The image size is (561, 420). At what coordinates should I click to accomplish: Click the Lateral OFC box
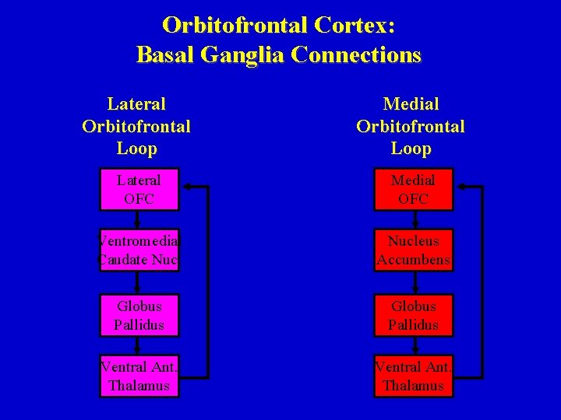[x=139, y=189]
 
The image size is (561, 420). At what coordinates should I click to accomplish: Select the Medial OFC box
[x=413, y=189]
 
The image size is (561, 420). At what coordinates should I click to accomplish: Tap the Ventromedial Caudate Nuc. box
[x=139, y=250]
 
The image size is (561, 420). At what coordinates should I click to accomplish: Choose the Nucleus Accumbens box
[x=413, y=250]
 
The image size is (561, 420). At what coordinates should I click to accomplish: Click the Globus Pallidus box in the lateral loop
[x=139, y=315]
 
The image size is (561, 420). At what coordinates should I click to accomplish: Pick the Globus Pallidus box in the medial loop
[x=413, y=315]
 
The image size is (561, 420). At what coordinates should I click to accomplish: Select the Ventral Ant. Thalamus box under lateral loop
[x=139, y=376]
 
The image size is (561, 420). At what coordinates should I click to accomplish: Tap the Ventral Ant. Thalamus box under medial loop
[x=413, y=376]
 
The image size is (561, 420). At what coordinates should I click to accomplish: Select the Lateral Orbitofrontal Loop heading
[x=136, y=125]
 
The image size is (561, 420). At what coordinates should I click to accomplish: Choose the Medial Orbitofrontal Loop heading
[x=411, y=125]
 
